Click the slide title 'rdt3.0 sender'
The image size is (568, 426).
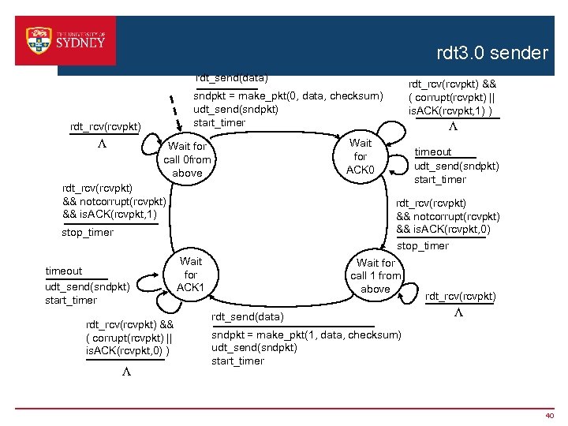(491, 54)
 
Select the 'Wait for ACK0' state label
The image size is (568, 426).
(361, 157)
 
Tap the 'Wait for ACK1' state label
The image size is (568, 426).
(190, 274)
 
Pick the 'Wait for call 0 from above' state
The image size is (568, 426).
(187, 159)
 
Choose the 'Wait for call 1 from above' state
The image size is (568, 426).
(376, 275)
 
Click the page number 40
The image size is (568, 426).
(550, 415)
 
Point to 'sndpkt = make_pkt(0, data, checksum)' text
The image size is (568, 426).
(288, 96)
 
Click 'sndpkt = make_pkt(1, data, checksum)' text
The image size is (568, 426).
(306, 334)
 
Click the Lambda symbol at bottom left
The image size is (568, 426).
(125, 372)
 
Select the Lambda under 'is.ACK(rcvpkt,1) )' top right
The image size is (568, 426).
(453, 127)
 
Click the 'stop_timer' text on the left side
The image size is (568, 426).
(88, 233)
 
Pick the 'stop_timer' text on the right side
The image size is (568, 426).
(423, 246)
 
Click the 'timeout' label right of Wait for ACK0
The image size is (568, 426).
(433, 152)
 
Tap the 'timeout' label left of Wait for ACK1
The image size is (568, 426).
(64, 271)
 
